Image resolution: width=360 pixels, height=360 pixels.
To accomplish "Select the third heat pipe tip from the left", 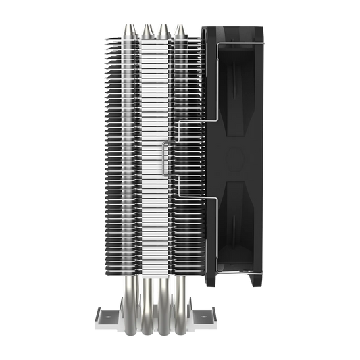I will pos(162,29).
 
